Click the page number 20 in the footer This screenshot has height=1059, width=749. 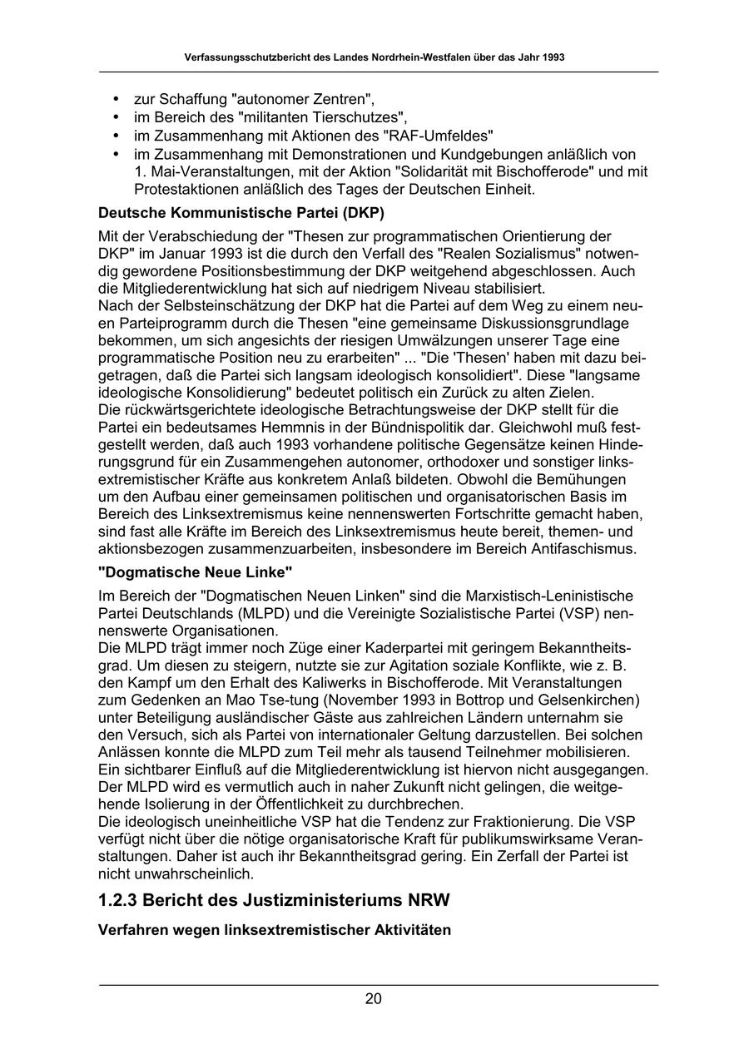[373, 999]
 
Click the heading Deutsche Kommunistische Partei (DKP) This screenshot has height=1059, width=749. [241, 213]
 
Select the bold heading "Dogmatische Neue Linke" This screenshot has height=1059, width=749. [196, 572]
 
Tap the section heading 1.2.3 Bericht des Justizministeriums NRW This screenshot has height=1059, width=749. [274, 901]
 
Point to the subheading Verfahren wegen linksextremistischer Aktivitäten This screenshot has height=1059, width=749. [275, 930]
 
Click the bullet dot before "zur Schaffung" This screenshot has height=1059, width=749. [116, 100]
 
